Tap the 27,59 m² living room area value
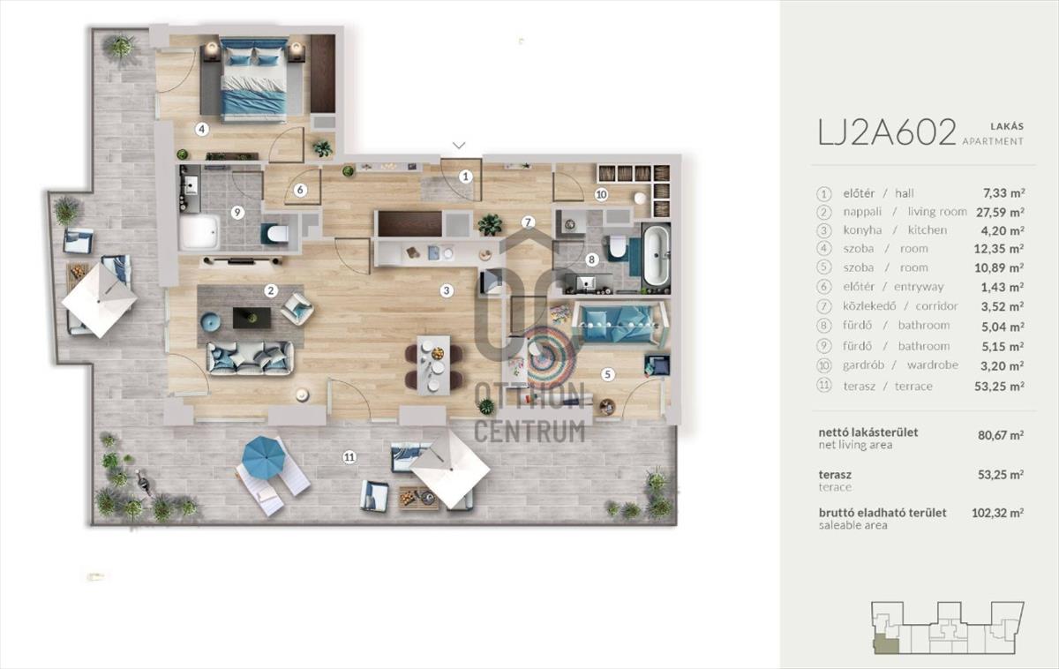tap(1000, 213)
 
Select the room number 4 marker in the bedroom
tap(202, 129)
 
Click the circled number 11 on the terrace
tap(349, 457)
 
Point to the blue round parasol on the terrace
tap(264, 457)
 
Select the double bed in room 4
tap(254, 81)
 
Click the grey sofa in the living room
tap(250, 358)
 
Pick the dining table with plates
tap(433, 365)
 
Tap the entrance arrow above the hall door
tap(459, 145)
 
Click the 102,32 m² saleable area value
tap(997, 513)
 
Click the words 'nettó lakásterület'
tap(868, 432)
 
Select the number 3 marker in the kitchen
tap(447, 290)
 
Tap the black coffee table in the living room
tap(252, 318)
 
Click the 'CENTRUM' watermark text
tap(529, 432)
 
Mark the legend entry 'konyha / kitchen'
tap(896, 230)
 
